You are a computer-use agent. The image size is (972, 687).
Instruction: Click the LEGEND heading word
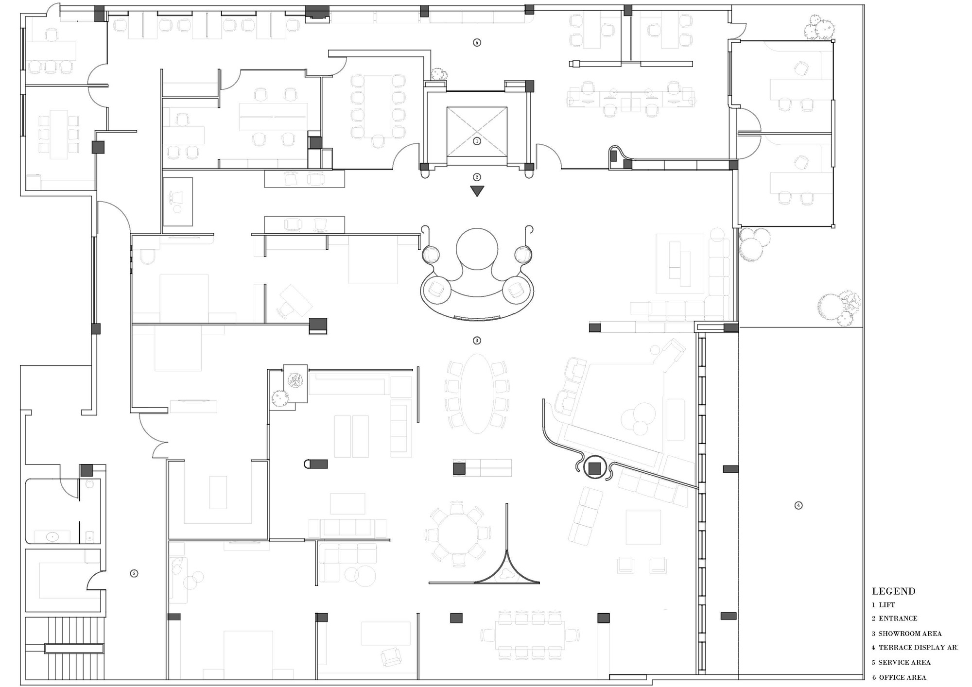click(893, 591)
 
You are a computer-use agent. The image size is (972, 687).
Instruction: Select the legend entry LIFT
click(886, 605)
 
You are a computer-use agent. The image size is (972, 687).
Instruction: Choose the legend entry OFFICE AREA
click(902, 677)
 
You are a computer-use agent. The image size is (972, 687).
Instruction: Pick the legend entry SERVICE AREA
click(904, 662)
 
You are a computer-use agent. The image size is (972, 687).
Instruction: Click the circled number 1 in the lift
click(477, 141)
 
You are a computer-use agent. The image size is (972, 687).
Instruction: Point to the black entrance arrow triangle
click(477, 191)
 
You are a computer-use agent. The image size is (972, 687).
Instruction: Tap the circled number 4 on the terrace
click(798, 505)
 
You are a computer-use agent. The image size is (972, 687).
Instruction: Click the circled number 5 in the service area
click(134, 573)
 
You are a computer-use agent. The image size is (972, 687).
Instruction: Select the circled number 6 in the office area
click(477, 43)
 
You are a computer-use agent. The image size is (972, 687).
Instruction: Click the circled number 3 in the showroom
click(477, 341)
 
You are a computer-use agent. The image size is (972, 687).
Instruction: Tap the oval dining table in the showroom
click(477, 394)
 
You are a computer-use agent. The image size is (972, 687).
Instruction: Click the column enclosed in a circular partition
click(594, 468)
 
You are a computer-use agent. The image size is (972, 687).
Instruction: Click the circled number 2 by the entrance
click(477, 177)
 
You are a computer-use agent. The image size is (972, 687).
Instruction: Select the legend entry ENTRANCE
click(898, 618)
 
